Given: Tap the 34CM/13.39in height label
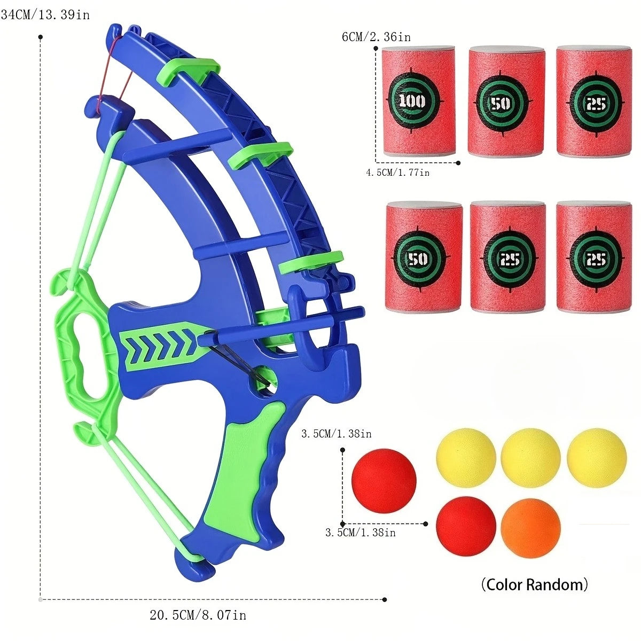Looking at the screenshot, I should [45, 14].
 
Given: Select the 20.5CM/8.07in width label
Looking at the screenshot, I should [198, 615].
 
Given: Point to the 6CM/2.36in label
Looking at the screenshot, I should [376, 37].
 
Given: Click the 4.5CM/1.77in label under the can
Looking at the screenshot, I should [397, 173].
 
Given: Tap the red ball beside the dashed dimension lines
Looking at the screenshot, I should [384, 481].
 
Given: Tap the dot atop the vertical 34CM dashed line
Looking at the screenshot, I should [41, 37].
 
